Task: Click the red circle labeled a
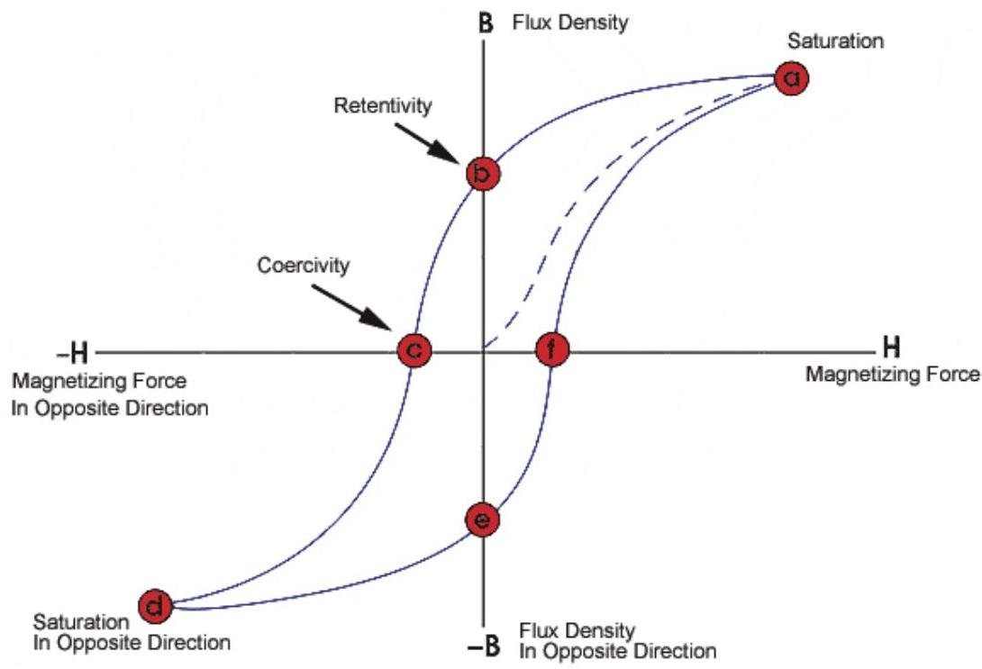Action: [x=792, y=78]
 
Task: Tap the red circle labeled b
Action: [x=483, y=174]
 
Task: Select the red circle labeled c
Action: [x=414, y=350]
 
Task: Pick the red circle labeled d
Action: [x=155, y=606]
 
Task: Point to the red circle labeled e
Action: [x=483, y=520]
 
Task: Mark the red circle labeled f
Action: [x=552, y=349]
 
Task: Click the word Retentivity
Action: [x=383, y=105]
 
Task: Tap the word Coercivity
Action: [x=303, y=266]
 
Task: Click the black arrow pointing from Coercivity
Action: [x=351, y=307]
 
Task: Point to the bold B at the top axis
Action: [x=486, y=23]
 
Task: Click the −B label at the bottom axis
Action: [x=484, y=646]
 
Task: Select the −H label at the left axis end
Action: [x=73, y=354]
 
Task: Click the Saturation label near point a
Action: [x=835, y=41]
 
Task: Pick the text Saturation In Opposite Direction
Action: [x=132, y=632]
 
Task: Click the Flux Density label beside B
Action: [x=570, y=23]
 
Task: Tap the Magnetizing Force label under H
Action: [x=893, y=375]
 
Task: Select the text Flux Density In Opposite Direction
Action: [x=617, y=641]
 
